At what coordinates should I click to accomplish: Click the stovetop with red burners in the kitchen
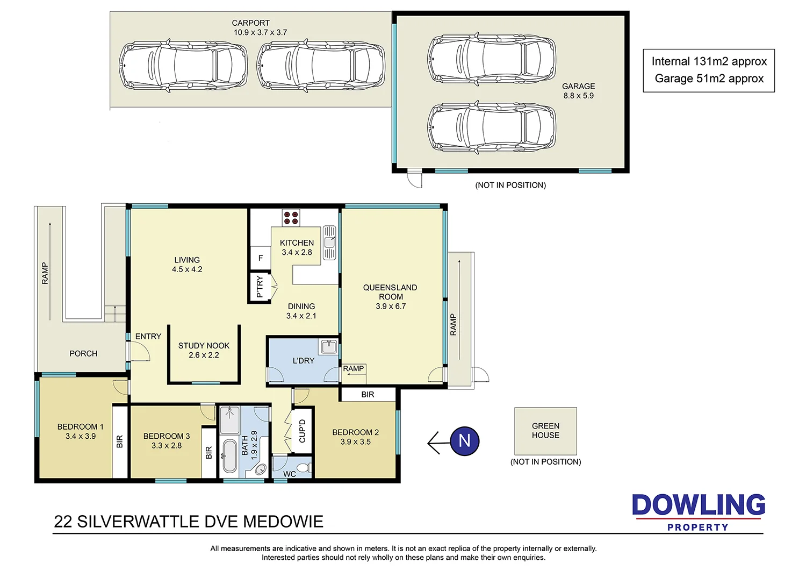(x=291, y=218)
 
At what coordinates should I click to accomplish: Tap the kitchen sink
(x=329, y=243)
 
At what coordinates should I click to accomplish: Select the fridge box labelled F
(x=261, y=258)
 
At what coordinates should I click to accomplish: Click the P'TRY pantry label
(x=260, y=287)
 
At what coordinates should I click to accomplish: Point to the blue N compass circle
(x=464, y=441)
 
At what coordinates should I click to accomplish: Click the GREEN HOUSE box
(x=545, y=431)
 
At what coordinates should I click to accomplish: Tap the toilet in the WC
(x=304, y=467)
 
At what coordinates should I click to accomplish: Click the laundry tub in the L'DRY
(x=328, y=347)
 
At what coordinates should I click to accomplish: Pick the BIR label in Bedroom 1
(x=120, y=441)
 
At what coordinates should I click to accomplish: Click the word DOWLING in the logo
(x=698, y=505)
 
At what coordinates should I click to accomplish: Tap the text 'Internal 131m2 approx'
(x=709, y=61)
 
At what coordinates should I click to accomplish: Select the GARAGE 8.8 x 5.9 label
(x=578, y=91)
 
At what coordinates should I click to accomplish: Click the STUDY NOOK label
(x=204, y=346)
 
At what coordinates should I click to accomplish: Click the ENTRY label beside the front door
(x=148, y=337)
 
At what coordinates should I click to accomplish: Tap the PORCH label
(x=83, y=353)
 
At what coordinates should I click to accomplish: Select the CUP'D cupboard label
(x=302, y=431)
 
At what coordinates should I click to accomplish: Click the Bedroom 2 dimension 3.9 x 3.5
(x=355, y=442)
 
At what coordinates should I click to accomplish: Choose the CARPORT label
(x=250, y=23)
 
